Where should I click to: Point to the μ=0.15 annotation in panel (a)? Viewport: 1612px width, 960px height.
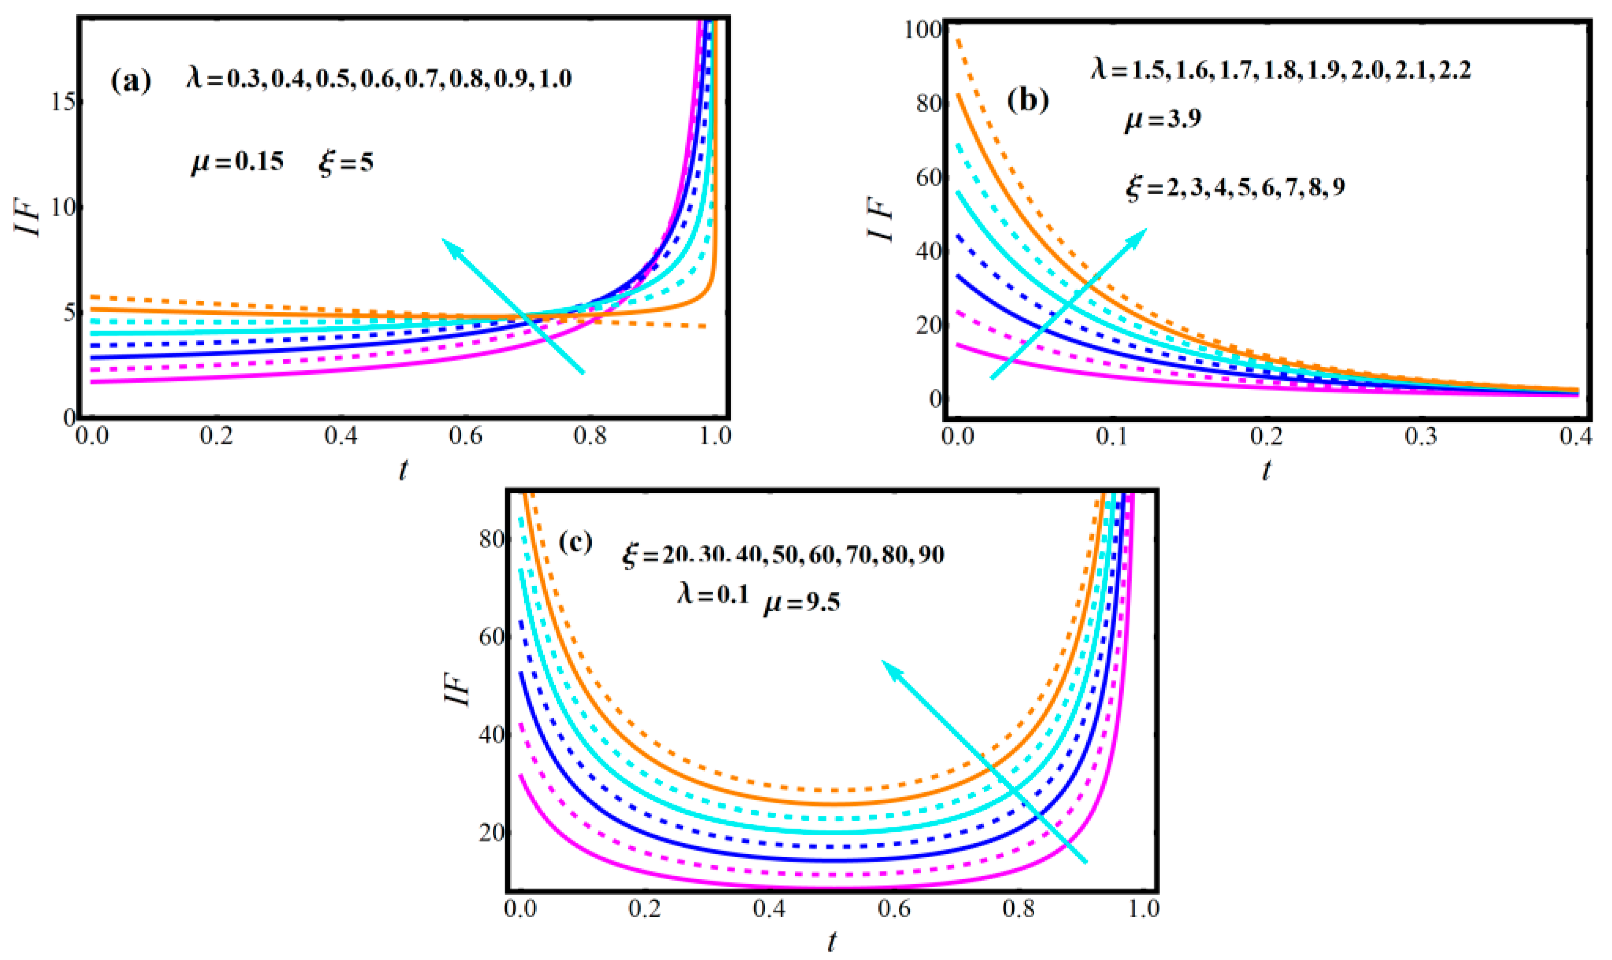click(237, 162)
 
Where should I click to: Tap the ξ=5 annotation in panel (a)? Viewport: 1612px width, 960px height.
click(346, 162)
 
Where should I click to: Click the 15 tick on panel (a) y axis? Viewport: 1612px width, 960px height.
click(62, 102)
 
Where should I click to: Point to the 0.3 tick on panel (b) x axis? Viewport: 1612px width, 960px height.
click(1421, 436)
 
